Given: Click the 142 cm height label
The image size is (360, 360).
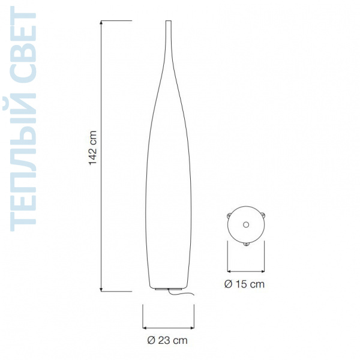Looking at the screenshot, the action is pyautogui.click(x=93, y=148).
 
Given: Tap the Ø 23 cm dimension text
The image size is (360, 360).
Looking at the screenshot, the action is pyautogui.click(x=167, y=340).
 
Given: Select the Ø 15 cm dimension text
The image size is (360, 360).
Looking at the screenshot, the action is pyautogui.click(x=244, y=284).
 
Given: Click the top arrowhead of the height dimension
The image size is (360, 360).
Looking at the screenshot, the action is pyautogui.click(x=101, y=23).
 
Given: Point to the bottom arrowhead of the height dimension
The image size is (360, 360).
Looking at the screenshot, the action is pyautogui.click(x=101, y=290).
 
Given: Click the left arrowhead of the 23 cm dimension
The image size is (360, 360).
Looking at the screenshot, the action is pyautogui.click(x=145, y=328).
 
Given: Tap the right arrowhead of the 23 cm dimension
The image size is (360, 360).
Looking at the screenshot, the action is pyautogui.click(x=192, y=328).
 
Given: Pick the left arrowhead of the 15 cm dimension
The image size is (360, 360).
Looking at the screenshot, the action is pyautogui.click(x=229, y=272).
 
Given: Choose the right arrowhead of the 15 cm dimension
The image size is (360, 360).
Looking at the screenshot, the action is pyautogui.click(x=262, y=272).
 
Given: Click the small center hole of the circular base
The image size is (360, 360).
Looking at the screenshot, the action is pyautogui.click(x=246, y=224).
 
